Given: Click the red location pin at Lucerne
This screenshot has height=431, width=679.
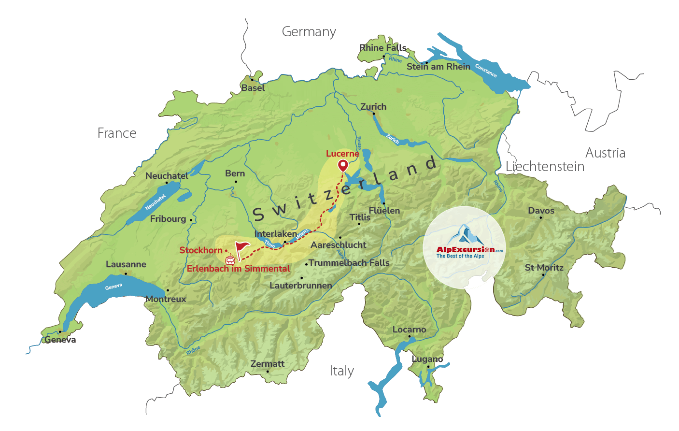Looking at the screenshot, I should click(x=342, y=165).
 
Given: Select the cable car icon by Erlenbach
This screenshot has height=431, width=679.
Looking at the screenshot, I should click(x=230, y=259).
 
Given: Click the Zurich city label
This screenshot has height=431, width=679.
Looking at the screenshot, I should click(x=373, y=107).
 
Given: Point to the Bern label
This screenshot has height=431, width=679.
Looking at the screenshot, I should click(x=235, y=173).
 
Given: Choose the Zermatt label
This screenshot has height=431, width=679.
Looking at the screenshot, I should click(x=268, y=364).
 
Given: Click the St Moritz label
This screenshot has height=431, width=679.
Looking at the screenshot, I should click(x=544, y=268).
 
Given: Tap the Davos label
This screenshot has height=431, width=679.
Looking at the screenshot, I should click(x=541, y=211).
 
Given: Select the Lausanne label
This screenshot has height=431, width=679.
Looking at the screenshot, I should click(x=126, y=264).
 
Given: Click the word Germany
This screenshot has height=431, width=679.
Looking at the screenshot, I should click(x=309, y=32).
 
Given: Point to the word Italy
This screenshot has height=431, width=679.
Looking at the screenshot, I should click(x=342, y=371).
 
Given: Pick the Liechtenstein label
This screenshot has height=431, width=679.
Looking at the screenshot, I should click(x=545, y=167).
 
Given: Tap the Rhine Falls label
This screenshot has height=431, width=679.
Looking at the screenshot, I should click(x=383, y=48).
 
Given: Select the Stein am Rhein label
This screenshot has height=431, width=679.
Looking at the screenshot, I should click(x=439, y=67).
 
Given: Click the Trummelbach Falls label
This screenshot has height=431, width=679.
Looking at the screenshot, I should click(x=349, y=263).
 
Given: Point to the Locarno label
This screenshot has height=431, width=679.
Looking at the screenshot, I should click(x=409, y=330).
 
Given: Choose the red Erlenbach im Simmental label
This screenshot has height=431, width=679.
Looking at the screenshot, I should click(x=239, y=269).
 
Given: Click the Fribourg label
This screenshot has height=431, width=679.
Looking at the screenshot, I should click(x=168, y=219).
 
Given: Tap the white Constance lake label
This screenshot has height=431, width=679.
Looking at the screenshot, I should click(x=486, y=71).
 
